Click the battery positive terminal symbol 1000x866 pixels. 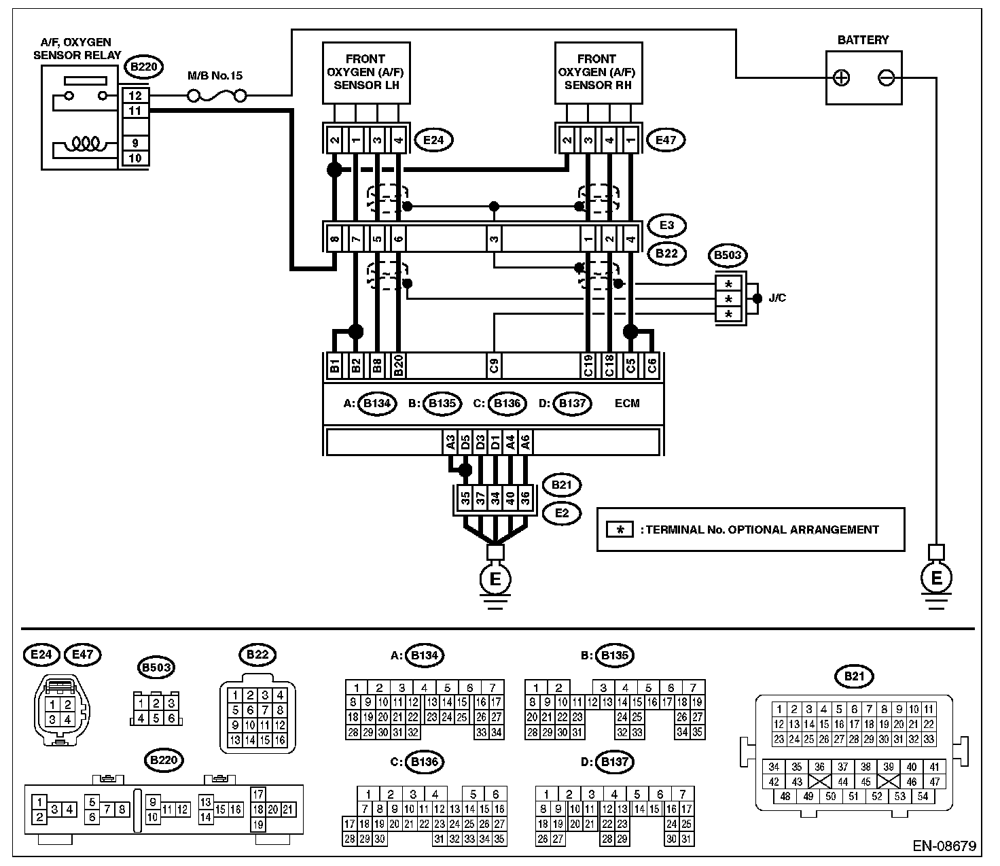[841, 77]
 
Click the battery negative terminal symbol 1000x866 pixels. [887, 77]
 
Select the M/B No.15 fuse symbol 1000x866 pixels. [217, 97]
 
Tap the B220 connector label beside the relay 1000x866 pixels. [144, 67]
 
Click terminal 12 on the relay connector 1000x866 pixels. [135, 96]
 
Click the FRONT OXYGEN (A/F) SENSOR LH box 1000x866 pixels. [366, 73]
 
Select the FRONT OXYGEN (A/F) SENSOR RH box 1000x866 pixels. [599, 73]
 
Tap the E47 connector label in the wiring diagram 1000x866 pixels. [666, 141]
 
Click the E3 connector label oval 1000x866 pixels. [666, 226]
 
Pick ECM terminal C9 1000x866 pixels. [494, 366]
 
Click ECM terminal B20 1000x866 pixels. [398, 366]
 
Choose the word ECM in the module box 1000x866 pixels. [627, 403]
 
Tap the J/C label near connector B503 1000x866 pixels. [777, 298]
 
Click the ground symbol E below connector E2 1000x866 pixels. [495, 579]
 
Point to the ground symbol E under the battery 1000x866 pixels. [937, 578]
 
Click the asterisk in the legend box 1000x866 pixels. [620, 530]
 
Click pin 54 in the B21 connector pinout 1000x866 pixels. [923, 796]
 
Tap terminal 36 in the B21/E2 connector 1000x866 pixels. [525, 498]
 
